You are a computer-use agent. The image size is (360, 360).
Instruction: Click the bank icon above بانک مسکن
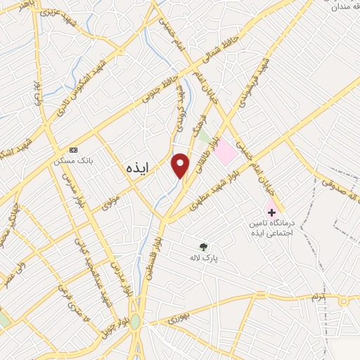(74, 150)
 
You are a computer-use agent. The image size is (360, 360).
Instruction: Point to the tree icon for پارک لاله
(204, 247)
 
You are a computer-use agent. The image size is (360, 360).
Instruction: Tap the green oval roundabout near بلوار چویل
(135, 322)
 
